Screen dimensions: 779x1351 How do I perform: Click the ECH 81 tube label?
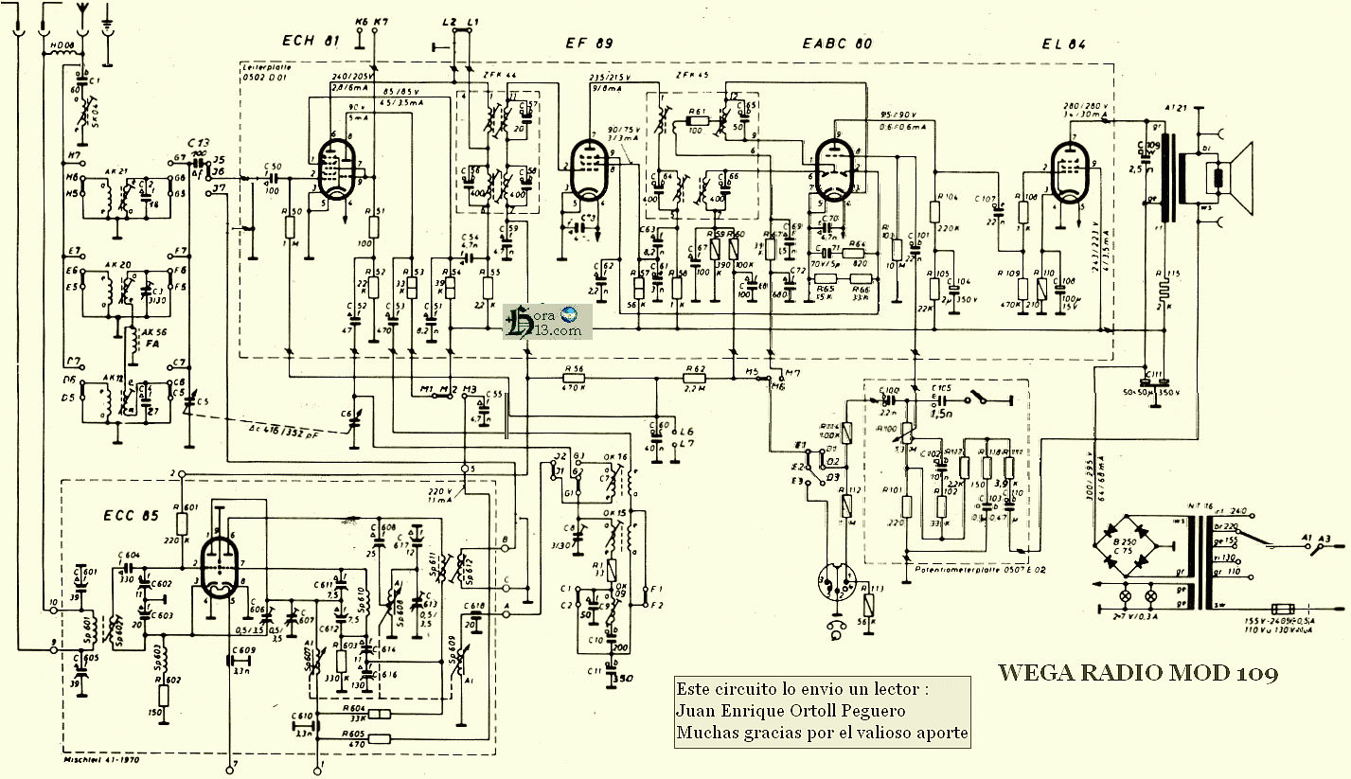point(311,41)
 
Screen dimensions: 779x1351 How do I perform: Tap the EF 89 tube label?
point(584,43)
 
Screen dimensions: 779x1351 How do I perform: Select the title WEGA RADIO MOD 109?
point(1138,673)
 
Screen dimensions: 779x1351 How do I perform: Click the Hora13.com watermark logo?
point(548,322)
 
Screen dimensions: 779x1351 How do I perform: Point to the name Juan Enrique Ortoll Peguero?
point(791,711)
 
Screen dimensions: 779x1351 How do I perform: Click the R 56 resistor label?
point(573,369)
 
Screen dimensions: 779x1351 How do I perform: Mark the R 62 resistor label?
point(696,369)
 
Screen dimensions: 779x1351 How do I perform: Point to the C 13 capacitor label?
point(199,142)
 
